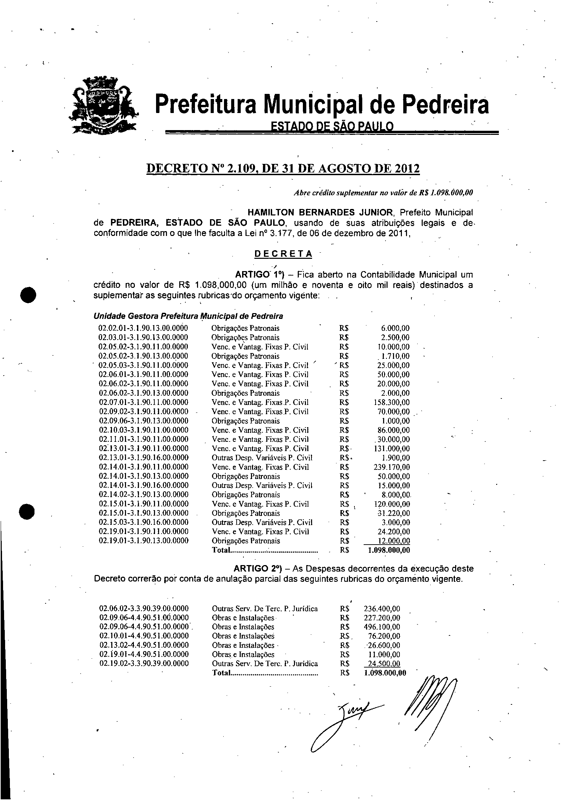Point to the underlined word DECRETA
tap(283, 254)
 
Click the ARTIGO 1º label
tap(260, 275)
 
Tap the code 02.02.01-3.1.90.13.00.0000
tap(143, 328)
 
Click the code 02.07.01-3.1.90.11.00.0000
tap(143, 403)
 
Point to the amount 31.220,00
tap(394, 513)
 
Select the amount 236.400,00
tap(382, 609)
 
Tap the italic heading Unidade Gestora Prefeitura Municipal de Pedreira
tap(188, 317)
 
